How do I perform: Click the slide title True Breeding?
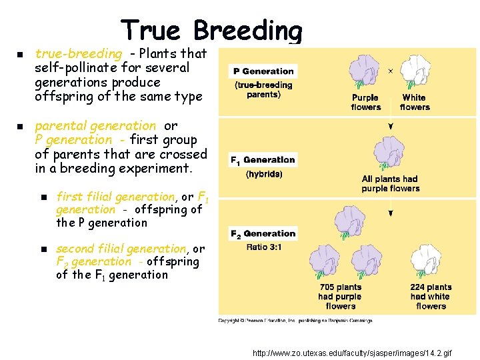point(211,30)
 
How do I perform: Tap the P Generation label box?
point(263,71)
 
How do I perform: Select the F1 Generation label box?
point(263,160)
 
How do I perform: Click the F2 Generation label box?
point(263,234)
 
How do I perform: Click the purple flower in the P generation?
point(365,71)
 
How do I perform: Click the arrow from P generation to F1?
point(391,125)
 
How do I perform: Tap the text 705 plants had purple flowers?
point(340,297)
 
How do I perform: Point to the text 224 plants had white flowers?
point(431,297)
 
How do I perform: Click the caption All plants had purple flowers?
point(391,183)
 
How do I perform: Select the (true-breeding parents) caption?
point(263,89)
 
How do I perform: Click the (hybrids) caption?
point(264,174)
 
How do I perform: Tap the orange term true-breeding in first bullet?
point(79,53)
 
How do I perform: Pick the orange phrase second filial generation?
point(121,249)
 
